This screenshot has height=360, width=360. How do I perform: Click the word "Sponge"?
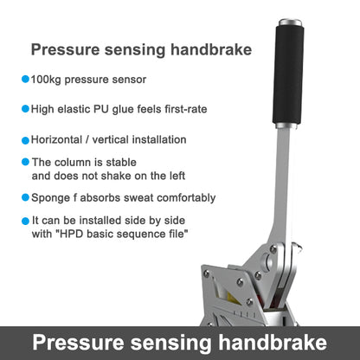(51, 197)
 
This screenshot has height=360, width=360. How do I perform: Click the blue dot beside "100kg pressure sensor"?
(24, 80)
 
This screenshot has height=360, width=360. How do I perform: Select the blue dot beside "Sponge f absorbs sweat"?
(24, 197)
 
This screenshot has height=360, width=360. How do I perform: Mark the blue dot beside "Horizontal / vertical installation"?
(24, 139)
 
